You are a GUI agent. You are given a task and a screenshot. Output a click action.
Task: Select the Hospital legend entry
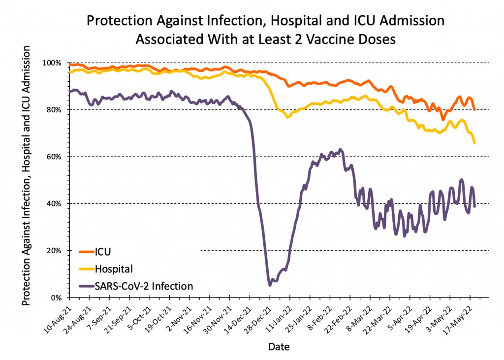(x=114, y=268)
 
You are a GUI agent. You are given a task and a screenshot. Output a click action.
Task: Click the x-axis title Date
(x=279, y=347)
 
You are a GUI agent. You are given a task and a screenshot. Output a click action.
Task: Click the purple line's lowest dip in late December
(x=270, y=285)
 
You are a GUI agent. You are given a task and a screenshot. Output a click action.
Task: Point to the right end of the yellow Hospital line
(x=474, y=143)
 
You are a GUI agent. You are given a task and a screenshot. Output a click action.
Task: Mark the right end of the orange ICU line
(x=474, y=109)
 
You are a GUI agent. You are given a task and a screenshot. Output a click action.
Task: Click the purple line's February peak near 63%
(x=340, y=149)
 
